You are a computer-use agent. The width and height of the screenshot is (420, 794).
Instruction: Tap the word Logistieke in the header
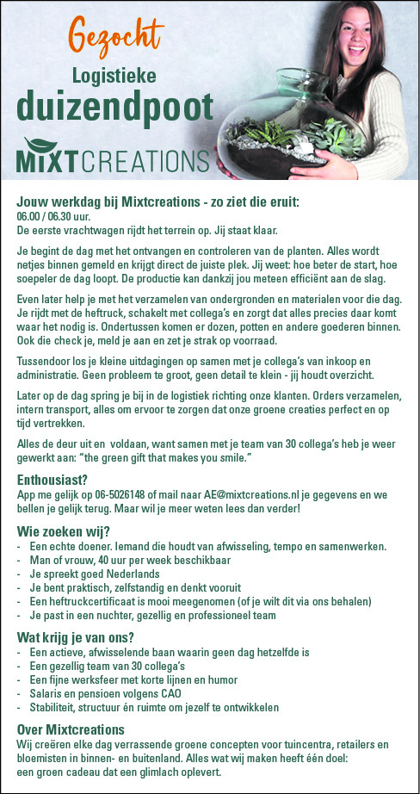tap(114, 76)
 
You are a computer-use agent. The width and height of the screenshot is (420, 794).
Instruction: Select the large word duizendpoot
tap(114, 109)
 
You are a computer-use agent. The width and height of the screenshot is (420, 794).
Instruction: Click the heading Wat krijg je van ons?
tap(76, 638)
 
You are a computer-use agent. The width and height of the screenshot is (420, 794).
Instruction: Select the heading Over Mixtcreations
tap(71, 729)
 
